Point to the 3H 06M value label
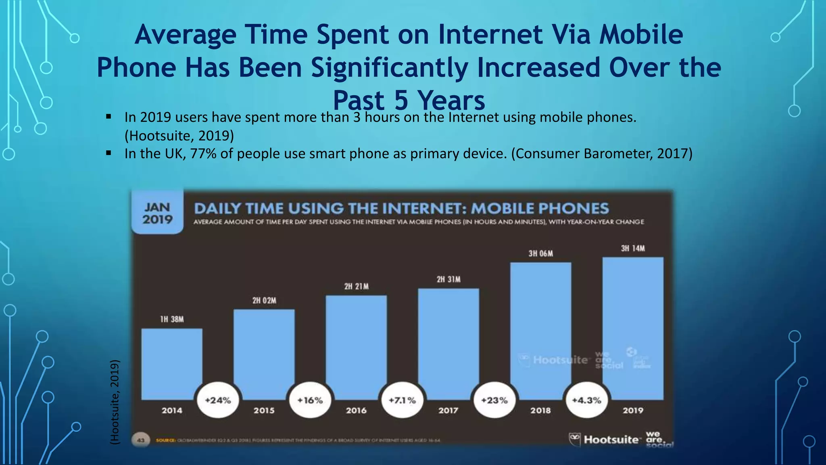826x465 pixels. tap(540, 253)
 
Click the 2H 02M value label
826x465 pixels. tap(264, 300)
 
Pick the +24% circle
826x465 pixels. tap(218, 400)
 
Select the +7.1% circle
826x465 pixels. tap(402, 400)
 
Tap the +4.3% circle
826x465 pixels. tap(586, 400)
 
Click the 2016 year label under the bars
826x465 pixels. tap(356, 411)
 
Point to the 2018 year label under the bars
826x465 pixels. tap(540, 411)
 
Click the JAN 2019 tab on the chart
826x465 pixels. tap(157, 213)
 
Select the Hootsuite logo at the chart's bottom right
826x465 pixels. tap(605, 439)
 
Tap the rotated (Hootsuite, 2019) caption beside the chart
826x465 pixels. tap(115, 402)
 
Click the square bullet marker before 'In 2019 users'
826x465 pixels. tap(108, 117)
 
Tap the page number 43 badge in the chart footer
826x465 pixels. tap(141, 440)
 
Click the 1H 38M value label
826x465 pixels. tap(172, 319)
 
